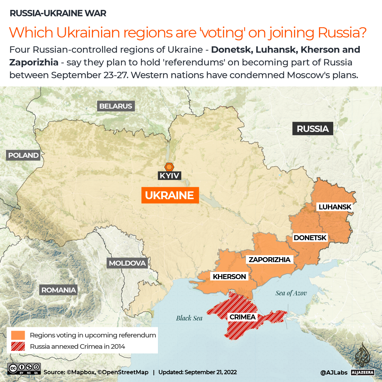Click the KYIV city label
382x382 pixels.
pyautogui.click(x=169, y=175)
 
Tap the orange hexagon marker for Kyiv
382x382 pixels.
pyautogui.click(x=169, y=167)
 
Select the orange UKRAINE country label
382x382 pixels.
pyautogui.click(x=170, y=195)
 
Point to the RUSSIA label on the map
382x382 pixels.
pyautogui.click(x=312, y=129)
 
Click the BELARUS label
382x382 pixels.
pyautogui.click(x=116, y=106)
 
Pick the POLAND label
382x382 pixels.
pyautogui.click(x=23, y=155)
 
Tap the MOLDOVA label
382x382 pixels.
pyautogui.click(x=127, y=263)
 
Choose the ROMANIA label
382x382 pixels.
pyautogui.click(x=59, y=290)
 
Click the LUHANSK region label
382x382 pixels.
pyautogui.click(x=335, y=207)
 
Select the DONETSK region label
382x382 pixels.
pyautogui.click(x=310, y=238)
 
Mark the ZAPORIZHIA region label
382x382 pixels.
pyautogui.click(x=269, y=260)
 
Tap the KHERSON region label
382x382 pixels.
pyautogui.click(x=229, y=277)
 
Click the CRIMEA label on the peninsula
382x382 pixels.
pyautogui.click(x=242, y=317)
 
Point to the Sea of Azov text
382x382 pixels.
pyautogui.click(x=291, y=293)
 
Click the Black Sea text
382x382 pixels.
pyautogui.click(x=189, y=318)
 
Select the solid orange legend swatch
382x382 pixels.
pyautogui.click(x=18, y=335)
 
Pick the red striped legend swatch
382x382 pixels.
pyautogui.click(x=18, y=346)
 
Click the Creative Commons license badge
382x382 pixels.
pyautogui.click(x=24, y=369)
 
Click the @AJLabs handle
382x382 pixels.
pyautogui.click(x=333, y=372)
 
